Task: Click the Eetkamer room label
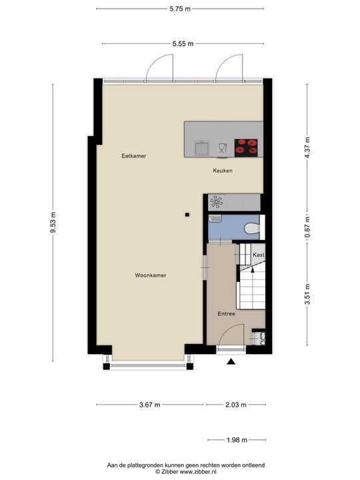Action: (133, 156)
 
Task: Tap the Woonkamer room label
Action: (150, 275)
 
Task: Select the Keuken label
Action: (223, 171)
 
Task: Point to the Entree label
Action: (227, 313)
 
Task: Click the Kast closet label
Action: (259, 255)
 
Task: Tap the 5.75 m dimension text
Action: (179, 9)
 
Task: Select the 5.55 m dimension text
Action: (182, 44)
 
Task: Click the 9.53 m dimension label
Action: (53, 222)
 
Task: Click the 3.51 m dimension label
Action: (307, 293)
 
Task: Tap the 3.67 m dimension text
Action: (151, 405)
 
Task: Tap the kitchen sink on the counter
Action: (201, 147)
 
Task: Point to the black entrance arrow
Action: (231, 362)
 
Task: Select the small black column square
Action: (188, 214)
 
